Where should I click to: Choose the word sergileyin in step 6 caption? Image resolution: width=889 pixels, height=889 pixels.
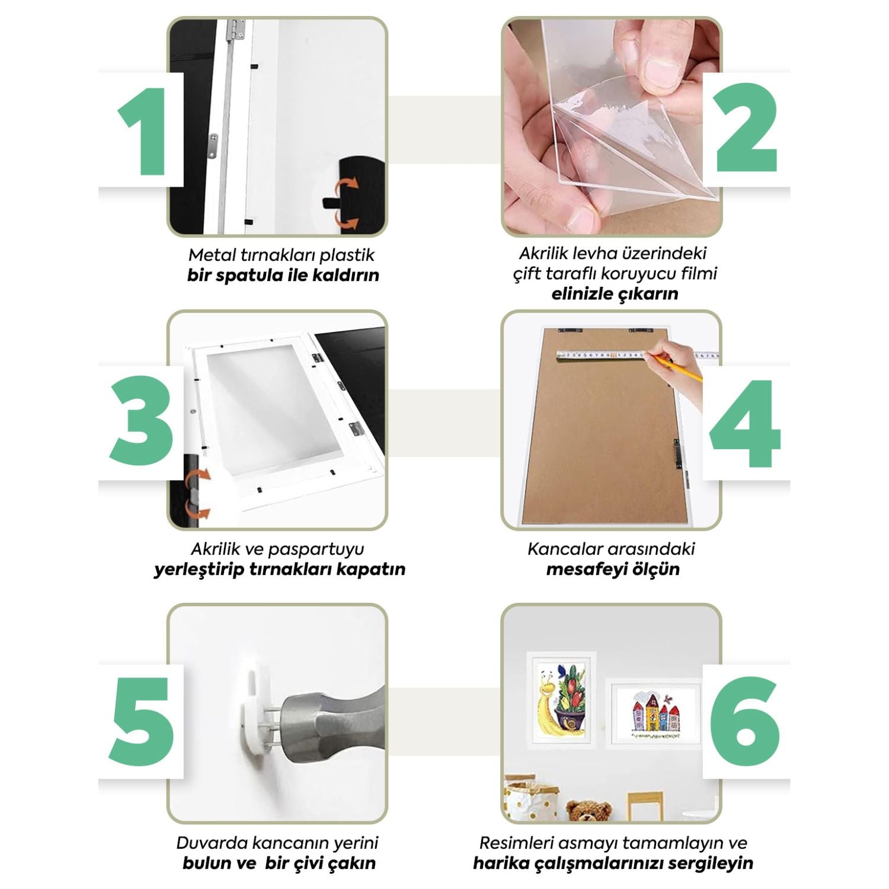(711, 864)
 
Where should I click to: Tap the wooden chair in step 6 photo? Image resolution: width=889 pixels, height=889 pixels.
(646, 805)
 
